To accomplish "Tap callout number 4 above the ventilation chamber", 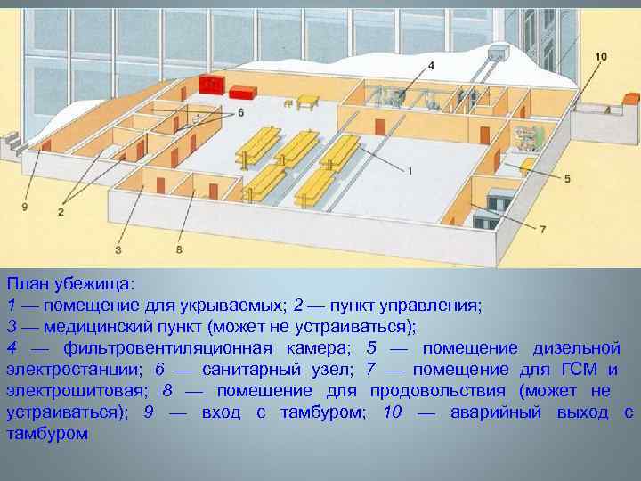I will [x=431, y=65].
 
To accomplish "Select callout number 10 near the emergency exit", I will [x=601, y=57].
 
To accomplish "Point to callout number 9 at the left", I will [x=25, y=207].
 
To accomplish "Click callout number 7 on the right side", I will [x=543, y=229].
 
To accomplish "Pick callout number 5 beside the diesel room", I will [x=567, y=179].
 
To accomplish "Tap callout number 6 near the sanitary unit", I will [x=239, y=113].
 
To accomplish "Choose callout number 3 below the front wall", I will [x=119, y=250].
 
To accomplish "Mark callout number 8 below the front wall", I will [x=179, y=250].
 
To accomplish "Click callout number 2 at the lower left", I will [x=61, y=211].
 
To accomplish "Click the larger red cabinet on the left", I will [x=211, y=86].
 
